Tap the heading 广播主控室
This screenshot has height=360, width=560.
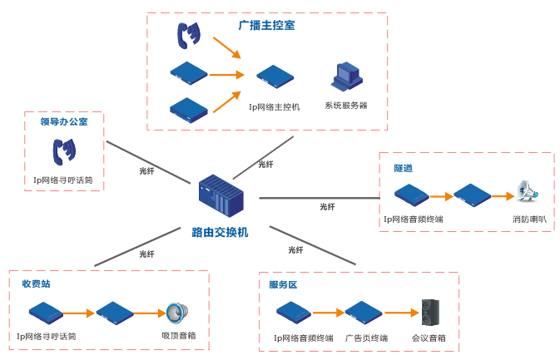pos(266,26)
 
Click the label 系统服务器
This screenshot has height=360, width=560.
pos(346,106)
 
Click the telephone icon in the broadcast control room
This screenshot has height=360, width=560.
pos(190,35)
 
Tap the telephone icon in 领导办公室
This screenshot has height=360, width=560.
pos(64,150)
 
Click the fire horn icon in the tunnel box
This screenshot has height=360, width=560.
pos(526,194)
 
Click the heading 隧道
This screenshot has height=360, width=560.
pos(404,168)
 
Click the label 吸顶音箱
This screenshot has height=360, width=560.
pos(179,337)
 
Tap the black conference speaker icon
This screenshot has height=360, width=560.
pos(430,312)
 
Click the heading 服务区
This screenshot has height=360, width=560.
pos(283,285)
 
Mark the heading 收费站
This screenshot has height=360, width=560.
pos(36,284)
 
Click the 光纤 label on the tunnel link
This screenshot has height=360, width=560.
pos(327,206)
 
